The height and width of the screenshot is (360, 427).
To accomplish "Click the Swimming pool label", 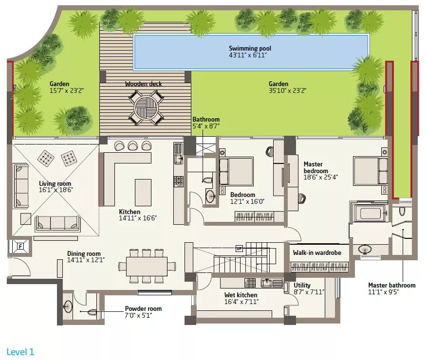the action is tap(250, 49).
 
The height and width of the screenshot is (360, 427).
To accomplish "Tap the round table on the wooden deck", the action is tap(147, 108).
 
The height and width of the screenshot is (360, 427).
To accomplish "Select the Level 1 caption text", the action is tap(20, 352).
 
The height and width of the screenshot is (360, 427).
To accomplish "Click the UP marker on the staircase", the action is tap(239, 249).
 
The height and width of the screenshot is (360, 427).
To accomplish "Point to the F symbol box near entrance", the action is tap(20, 247).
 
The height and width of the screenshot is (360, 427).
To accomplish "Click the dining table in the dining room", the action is tap(147, 266).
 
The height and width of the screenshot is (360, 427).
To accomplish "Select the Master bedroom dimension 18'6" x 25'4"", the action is tap(320, 177).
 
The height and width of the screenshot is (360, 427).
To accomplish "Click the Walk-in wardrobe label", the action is tap(317, 253).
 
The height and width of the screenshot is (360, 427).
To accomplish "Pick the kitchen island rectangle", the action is tap(143, 192).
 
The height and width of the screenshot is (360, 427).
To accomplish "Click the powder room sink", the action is tap(68, 307).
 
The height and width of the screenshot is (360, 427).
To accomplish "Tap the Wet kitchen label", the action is tap(241, 295).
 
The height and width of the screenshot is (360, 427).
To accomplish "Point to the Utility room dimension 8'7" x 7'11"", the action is tap(309, 292).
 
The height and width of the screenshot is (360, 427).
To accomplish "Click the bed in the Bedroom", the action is tap(236, 171).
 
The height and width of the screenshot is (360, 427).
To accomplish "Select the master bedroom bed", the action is tap(371, 171).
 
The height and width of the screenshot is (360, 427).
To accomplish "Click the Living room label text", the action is tap(55, 184).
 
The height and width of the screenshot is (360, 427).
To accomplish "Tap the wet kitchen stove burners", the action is tap(250, 283).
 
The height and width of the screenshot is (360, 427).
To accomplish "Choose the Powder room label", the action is tap(143, 309).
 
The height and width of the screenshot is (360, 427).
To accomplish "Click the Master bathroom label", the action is tap(392, 285).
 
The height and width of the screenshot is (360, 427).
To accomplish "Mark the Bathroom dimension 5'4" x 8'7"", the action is tap(206, 126).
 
